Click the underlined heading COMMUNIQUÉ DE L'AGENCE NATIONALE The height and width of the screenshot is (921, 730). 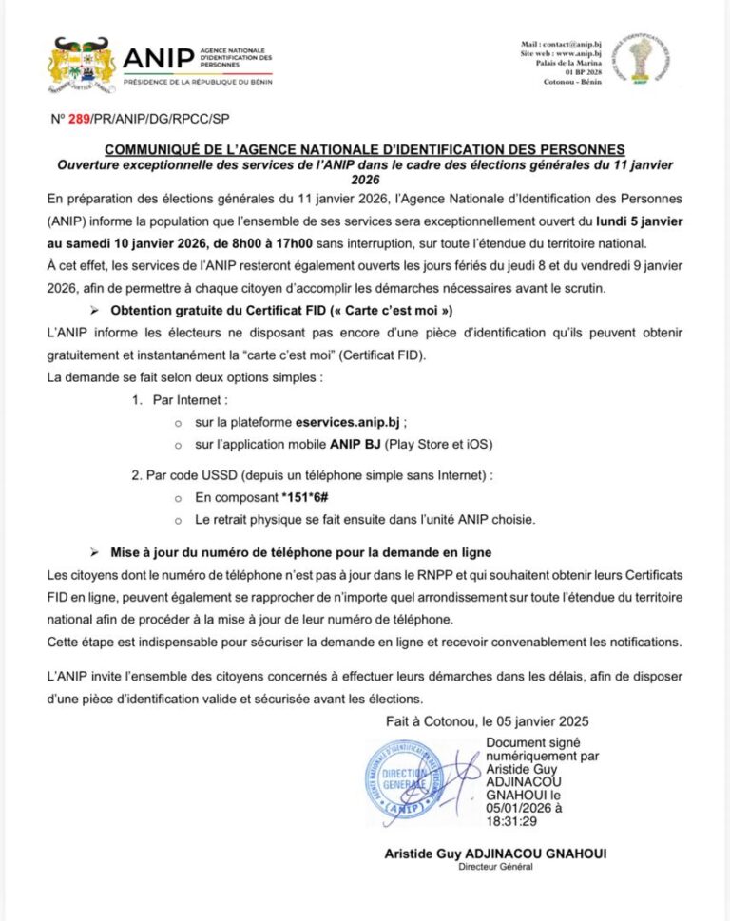pyautogui.click(x=365, y=149)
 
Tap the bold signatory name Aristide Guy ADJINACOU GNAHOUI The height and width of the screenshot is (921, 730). pyautogui.click(x=495, y=854)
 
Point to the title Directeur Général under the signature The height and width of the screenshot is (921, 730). pyautogui.click(x=495, y=867)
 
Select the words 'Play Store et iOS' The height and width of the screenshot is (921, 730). pyautogui.click(x=431, y=444)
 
